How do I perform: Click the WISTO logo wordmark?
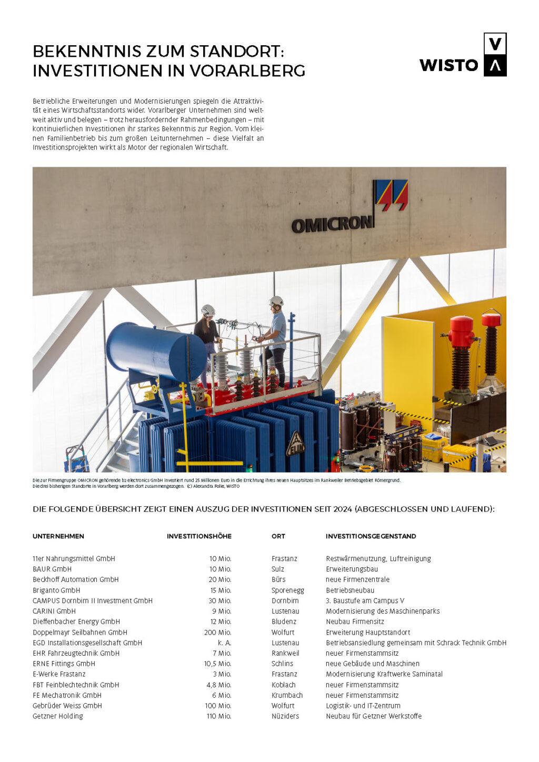point(448,65)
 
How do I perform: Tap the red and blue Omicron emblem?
point(391,195)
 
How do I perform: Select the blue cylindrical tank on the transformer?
point(156,352)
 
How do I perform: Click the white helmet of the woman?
point(208,310)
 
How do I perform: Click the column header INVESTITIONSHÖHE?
point(199,536)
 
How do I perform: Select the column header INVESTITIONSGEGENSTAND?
point(371,536)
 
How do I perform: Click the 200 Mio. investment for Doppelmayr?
point(217,632)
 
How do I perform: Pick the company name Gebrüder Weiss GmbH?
point(67,706)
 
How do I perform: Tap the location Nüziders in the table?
point(285,716)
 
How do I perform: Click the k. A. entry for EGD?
point(224,643)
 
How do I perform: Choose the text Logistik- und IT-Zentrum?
point(363,706)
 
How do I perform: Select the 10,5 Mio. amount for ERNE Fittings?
point(217,664)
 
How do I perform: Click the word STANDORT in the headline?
point(237,52)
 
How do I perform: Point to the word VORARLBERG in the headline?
point(247,71)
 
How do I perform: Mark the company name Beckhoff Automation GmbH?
point(76,579)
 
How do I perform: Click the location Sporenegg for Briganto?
point(288,590)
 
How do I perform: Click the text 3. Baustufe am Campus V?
point(365,600)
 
